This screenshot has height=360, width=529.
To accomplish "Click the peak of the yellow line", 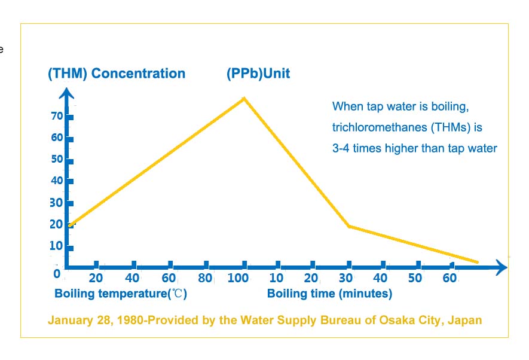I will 243,97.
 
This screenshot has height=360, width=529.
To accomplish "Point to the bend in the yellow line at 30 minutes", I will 348,226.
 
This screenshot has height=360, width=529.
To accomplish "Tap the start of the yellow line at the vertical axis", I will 70,225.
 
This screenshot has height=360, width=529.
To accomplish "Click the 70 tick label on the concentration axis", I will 57,115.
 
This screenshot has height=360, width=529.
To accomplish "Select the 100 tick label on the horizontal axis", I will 237,278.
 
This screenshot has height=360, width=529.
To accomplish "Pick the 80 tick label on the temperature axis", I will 206,278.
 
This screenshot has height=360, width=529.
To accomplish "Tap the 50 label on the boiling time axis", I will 415,278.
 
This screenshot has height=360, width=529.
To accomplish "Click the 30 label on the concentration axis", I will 57,202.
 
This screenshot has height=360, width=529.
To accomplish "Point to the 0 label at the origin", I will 57,274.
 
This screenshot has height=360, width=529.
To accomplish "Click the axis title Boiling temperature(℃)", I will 121,294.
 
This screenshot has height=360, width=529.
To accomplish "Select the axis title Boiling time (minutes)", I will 329,294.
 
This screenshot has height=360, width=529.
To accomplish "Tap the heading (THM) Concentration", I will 117,74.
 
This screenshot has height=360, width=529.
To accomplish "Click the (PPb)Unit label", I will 258,74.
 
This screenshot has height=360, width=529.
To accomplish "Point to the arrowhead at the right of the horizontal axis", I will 500,267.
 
